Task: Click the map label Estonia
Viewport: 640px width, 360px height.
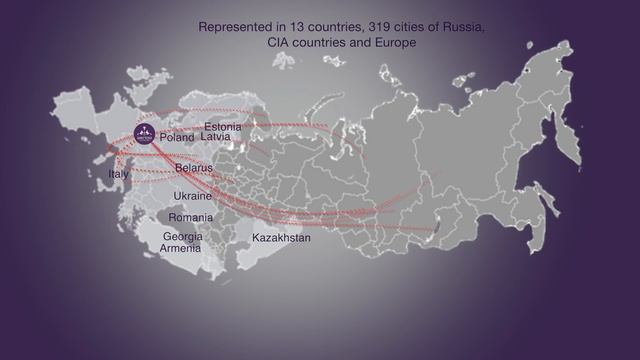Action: [222, 127]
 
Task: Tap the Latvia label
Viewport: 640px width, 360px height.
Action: [215, 136]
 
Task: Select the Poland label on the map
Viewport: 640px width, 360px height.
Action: [177, 137]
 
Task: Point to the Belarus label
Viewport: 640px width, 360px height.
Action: [193, 168]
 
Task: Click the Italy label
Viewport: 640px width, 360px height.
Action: [118, 174]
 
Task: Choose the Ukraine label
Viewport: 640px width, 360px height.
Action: [192, 196]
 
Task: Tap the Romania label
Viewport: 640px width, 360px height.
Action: [190, 217]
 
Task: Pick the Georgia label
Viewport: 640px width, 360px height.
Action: [182, 236]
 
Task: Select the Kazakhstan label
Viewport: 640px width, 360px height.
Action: [281, 238]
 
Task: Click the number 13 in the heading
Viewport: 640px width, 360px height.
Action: [297, 27]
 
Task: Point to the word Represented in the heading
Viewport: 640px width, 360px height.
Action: [233, 27]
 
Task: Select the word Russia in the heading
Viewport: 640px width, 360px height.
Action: [463, 27]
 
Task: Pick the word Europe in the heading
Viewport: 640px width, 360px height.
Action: [393, 44]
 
